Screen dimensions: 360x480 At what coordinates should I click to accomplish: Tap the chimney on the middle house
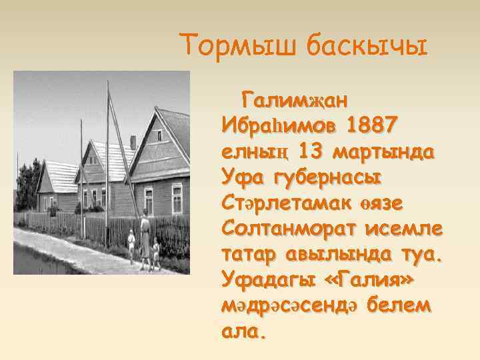click(133, 142)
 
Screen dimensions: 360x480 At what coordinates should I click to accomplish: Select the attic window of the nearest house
click(160, 136)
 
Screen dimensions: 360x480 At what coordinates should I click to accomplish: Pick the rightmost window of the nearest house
click(177, 197)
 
